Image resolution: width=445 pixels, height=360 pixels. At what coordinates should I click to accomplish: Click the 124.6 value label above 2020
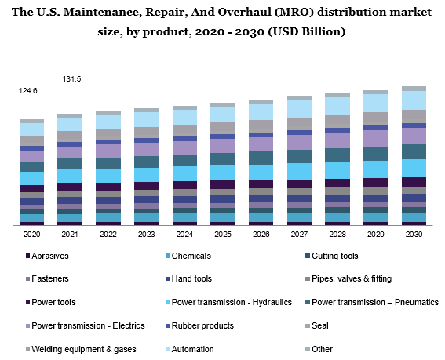click(28, 91)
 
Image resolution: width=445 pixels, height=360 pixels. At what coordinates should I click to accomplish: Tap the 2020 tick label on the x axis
click(31, 234)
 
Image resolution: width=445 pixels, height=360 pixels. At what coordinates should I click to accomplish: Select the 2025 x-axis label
click(224, 234)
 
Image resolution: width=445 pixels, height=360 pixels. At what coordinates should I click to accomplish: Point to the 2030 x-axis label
click(414, 234)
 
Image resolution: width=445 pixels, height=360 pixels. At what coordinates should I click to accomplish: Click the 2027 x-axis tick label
click(299, 234)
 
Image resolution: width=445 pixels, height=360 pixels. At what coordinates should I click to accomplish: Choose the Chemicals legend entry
click(191, 256)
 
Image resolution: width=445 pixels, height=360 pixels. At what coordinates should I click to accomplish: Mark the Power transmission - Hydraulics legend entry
click(231, 302)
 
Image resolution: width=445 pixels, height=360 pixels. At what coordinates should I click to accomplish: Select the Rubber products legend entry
click(202, 325)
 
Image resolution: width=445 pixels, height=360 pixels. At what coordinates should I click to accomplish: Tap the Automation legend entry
click(192, 348)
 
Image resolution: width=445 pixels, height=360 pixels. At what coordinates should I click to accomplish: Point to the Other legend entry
click(323, 348)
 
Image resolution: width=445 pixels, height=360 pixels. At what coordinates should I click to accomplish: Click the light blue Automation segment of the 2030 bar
click(414, 100)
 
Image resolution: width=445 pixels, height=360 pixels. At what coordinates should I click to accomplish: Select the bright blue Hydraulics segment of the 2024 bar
click(185, 173)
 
